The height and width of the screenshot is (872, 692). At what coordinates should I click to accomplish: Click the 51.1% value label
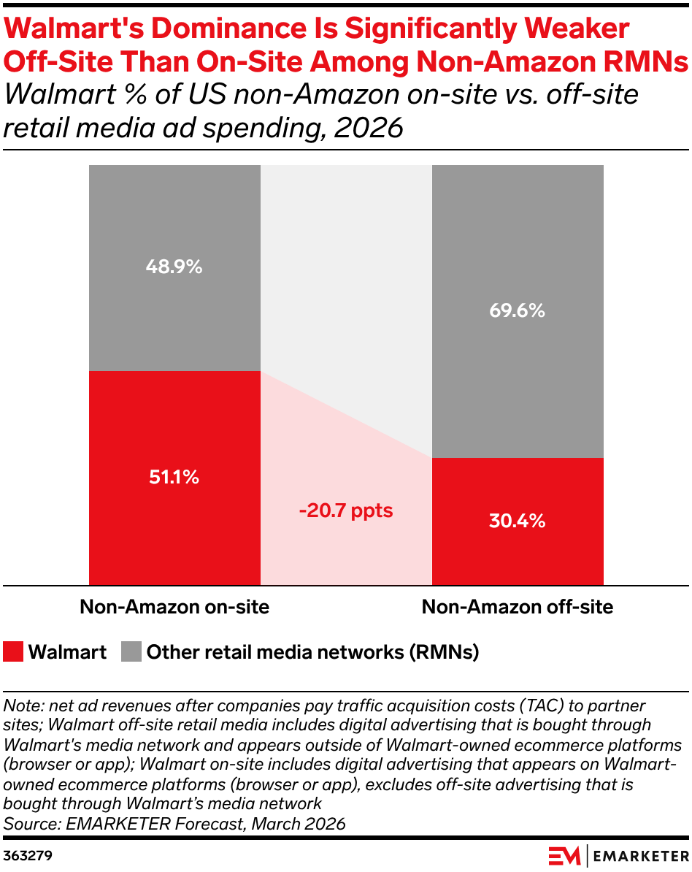(x=174, y=477)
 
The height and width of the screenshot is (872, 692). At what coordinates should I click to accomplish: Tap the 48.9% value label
(x=174, y=267)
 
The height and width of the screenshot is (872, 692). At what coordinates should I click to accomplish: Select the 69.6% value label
(x=517, y=310)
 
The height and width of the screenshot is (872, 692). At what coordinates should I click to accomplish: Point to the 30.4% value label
(x=517, y=521)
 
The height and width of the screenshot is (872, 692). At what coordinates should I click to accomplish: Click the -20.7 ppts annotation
(x=346, y=510)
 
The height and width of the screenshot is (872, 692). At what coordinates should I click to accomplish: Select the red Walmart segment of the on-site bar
(x=174, y=478)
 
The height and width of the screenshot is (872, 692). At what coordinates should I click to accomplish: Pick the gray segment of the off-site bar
(x=518, y=311)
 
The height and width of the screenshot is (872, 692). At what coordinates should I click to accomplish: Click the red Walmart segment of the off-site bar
(x=518, y=521)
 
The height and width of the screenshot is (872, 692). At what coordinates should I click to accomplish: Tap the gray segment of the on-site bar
(x=174, y=268)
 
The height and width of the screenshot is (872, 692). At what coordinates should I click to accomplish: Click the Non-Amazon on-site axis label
(x=174, y=607)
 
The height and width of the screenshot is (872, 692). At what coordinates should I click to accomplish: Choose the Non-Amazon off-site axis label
(x=518, y=607)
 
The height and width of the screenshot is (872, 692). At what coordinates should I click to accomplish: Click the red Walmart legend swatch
(x=13, y=651)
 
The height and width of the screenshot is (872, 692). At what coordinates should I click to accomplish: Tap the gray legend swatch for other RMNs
(x=131, y=651)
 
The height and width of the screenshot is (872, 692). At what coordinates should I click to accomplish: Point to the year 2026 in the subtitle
(x=369, y=128)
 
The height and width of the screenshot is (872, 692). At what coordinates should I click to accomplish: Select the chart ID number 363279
(x=28, y=855)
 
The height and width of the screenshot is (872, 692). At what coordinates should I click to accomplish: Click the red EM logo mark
(x=564, y=856)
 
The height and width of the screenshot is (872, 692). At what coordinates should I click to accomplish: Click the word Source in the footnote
(x=31, y=824)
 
